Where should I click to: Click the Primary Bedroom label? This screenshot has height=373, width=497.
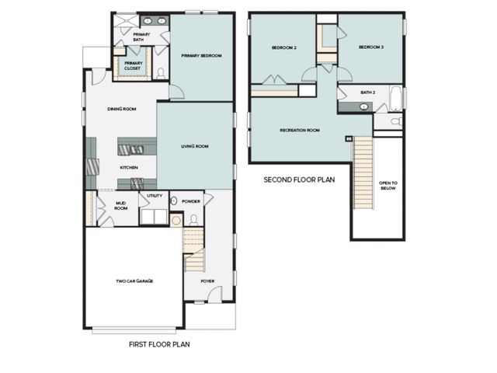coord(202,56)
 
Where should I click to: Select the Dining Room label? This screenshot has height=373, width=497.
coord(122,110)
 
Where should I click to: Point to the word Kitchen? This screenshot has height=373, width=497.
coord(129,168)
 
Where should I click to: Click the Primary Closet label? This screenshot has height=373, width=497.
coord(133,65)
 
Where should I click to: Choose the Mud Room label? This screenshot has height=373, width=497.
coord(120,207)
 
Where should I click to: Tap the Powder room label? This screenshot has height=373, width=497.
coord(191,201)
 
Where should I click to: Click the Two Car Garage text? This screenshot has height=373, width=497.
coord(134,281)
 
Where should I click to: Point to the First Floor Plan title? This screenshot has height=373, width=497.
coord(158,343)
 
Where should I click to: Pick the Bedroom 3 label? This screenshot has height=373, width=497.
coord(371,47)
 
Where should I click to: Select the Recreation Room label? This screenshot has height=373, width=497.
coord(300,131)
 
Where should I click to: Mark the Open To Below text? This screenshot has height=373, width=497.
coord(388,186)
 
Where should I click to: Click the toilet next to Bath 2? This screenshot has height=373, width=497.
coord(394,122)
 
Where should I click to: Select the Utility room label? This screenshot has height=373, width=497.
coord(155,196)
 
